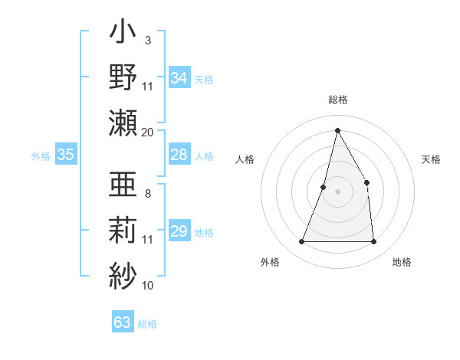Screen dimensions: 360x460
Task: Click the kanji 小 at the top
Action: coord(123,34)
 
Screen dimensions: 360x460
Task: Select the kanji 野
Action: coord(123,78)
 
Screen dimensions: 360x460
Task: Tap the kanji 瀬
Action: coord(123,122)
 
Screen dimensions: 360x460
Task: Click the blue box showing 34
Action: coord(179,78)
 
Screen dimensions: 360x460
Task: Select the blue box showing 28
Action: coord(179,155)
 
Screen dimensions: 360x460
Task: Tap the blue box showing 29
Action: coord(179,232)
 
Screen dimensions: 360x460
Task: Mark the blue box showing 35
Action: coord(65,155)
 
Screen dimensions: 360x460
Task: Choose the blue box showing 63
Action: coord(123,322)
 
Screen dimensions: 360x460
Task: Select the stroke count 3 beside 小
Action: coord(148,40)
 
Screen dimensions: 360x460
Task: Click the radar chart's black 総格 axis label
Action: coord(337,100)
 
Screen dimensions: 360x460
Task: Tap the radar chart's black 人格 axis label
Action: coord(245,159)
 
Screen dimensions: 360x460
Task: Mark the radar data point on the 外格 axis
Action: coord(301,242)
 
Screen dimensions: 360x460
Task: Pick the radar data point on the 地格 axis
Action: coord(373,242)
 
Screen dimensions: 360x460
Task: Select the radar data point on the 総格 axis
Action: coord(337,130)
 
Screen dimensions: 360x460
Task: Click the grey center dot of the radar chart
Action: coord(337,191)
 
